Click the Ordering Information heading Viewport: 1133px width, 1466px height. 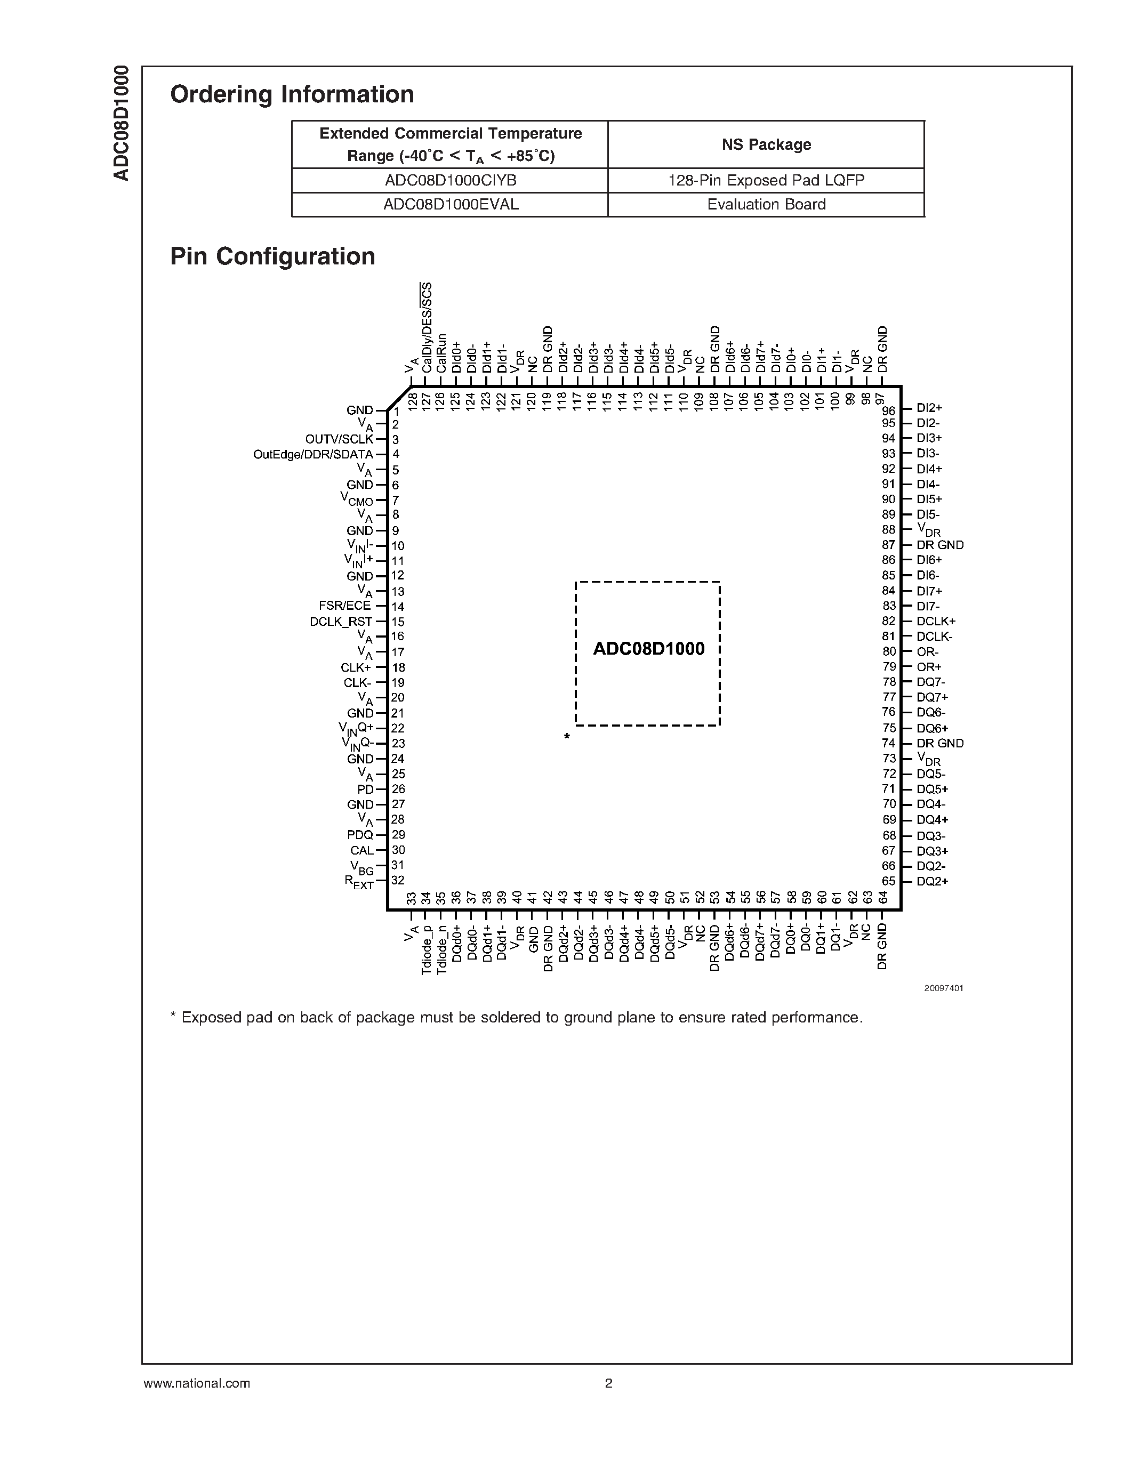[292, 94]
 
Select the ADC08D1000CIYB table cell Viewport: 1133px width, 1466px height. [451, 181]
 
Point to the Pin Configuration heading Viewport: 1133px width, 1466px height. [272, 256]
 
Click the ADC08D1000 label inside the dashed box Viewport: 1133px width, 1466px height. [648, 649]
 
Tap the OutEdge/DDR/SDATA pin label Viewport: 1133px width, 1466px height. [313, 454]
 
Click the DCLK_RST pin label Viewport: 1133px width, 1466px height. [341, 622]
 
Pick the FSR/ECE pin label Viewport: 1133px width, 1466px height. [345, 606]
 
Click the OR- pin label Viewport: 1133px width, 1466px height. [928, 652]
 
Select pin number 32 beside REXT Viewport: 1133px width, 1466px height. [398, 880]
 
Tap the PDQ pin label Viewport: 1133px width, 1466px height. [360, 835]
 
